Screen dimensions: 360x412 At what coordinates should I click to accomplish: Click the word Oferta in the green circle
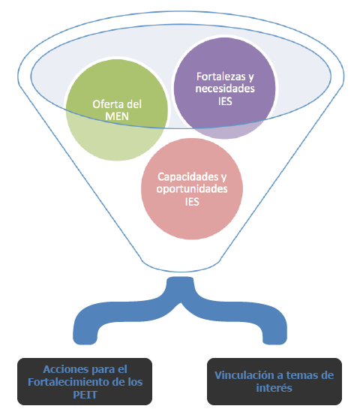(x=109, y=104)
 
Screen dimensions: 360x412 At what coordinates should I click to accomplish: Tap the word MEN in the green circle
(x=117, y=116)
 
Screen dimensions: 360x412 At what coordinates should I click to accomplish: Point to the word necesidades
(x=225, y=89)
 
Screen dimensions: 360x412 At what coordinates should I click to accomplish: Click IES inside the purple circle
(x=225, y=101)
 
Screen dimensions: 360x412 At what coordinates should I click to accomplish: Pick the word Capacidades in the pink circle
(x=188, y=176)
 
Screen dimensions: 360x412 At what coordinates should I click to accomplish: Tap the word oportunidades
(x=192, y=189)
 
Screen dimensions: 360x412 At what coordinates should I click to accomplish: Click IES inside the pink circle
(x=192, y=202)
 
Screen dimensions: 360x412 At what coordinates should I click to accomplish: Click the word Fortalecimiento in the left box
(x=68, y=382)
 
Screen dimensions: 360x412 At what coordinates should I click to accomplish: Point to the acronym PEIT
(x=85, y=395)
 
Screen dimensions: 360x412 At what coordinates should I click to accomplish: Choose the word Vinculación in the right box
(x=244, y=375)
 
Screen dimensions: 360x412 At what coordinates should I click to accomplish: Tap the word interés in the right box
(x=274, y=388)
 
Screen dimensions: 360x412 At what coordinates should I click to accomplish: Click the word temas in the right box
(x=301, y=375)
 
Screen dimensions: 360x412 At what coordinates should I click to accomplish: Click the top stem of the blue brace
(x=181, y=287)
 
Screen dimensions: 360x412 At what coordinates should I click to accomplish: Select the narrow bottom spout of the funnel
(x=181, y=266)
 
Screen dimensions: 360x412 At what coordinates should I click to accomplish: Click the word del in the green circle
(x=134, y=104)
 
